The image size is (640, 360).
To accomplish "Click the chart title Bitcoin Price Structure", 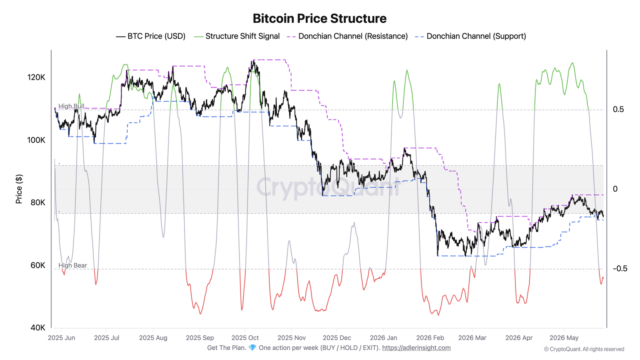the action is click(320, 18).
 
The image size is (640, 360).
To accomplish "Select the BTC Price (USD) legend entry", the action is click(150, 36).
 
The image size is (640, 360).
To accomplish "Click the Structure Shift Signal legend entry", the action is click(236, 36).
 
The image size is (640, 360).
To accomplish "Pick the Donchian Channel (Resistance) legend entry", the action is click(347, 36).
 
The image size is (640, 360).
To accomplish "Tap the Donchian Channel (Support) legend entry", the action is click(470, 36).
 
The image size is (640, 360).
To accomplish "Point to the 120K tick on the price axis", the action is click(36, 78).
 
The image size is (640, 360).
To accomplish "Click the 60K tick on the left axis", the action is click(38, 266).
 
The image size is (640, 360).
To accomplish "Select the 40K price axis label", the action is click(38, 328).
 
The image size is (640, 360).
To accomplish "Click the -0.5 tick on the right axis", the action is click(620, 268).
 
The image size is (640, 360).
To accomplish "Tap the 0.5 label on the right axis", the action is click(618, 110).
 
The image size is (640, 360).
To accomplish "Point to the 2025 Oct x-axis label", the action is click(245, 338).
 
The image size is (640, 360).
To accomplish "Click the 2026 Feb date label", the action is click(430, 338).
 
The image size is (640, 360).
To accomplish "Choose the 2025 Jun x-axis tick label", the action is click(62, 338).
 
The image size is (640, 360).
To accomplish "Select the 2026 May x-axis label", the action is click(564, 338).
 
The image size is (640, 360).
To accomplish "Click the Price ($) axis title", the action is click(19, 189).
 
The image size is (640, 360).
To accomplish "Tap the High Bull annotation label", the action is click(71, 106).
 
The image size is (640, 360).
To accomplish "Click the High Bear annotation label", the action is click(72, 266).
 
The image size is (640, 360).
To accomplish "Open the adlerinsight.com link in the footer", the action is click(416, 348).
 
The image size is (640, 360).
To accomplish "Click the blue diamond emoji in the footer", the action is click(252, 348).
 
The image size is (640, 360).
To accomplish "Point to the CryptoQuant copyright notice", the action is click(584, 349).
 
